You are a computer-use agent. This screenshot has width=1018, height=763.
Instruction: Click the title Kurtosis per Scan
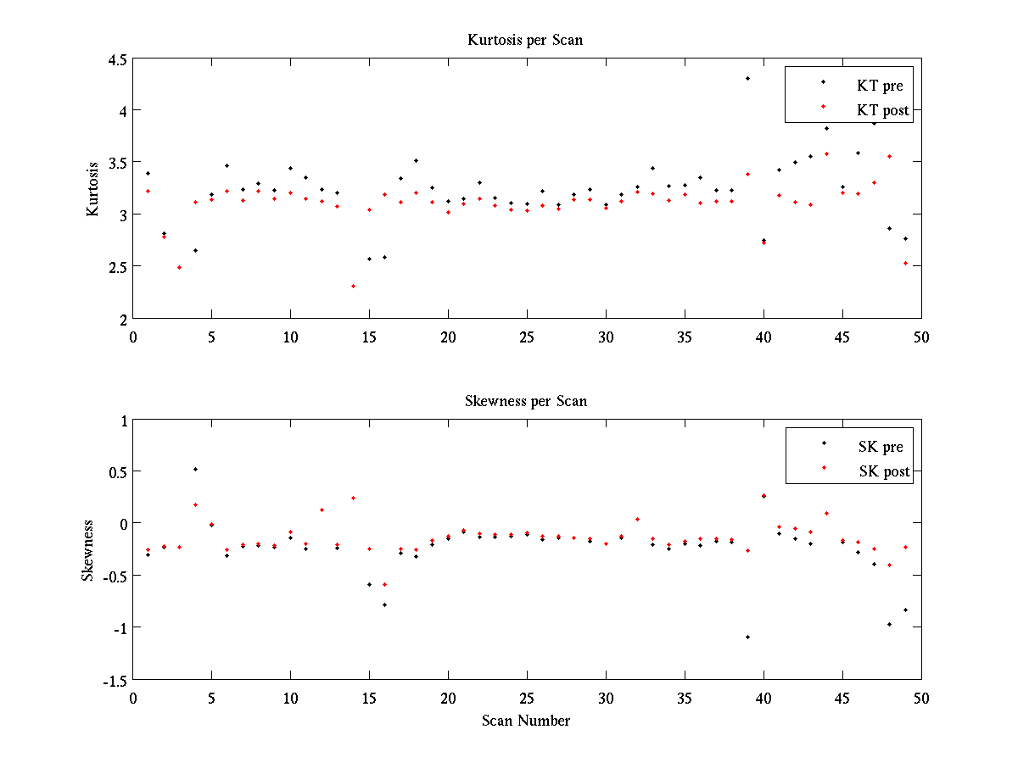click(x=525, y=40)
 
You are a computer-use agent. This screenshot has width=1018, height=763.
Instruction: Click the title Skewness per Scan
click(x=525, y=400)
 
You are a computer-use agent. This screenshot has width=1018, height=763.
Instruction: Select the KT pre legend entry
click(x=880, y=86)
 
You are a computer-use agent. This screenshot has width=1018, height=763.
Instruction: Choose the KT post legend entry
click(x=882, y=109)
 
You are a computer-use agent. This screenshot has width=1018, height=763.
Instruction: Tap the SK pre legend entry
click(x=880, y=447)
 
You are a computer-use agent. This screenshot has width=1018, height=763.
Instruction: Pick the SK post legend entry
click(x=882, y=471)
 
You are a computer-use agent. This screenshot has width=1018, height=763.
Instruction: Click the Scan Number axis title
click(x=526, y=721)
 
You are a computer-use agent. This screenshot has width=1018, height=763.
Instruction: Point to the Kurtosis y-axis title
click(x=92, y=188)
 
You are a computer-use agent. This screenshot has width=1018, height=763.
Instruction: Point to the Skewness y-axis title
click(x=88, y=550)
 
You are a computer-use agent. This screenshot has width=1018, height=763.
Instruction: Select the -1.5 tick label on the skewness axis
click(x=113, y=680)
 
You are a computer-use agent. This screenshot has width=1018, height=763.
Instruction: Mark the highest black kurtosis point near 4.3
click(x=747, y=78)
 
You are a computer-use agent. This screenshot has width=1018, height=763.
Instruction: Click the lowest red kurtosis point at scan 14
click(x=353, y=286)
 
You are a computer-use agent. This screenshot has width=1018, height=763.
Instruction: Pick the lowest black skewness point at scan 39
click(x=747, y=637)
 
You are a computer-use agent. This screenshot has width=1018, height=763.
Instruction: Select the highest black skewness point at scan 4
click(x=195, y=469)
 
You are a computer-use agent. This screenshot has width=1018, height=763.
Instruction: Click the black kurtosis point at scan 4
click(x=195, y=250)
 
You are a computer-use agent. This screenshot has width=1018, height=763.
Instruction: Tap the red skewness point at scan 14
click(x=353, y=498)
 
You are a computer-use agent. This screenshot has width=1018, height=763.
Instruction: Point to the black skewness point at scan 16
click(x=384, y=604)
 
